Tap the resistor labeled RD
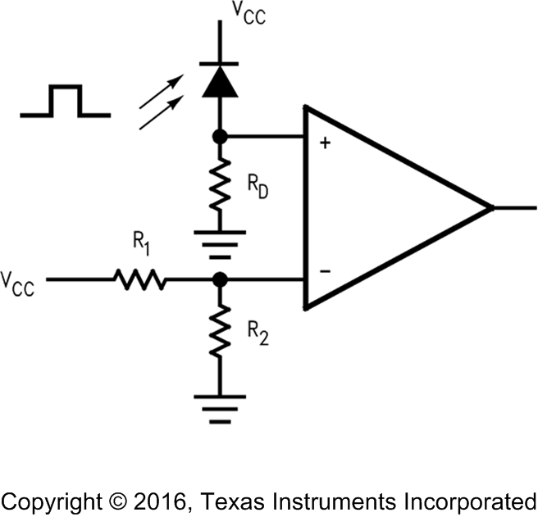219,186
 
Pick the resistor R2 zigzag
219,331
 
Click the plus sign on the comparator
325,144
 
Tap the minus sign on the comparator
325,270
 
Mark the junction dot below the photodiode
219,136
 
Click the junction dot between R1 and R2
219,280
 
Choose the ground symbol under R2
219,408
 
